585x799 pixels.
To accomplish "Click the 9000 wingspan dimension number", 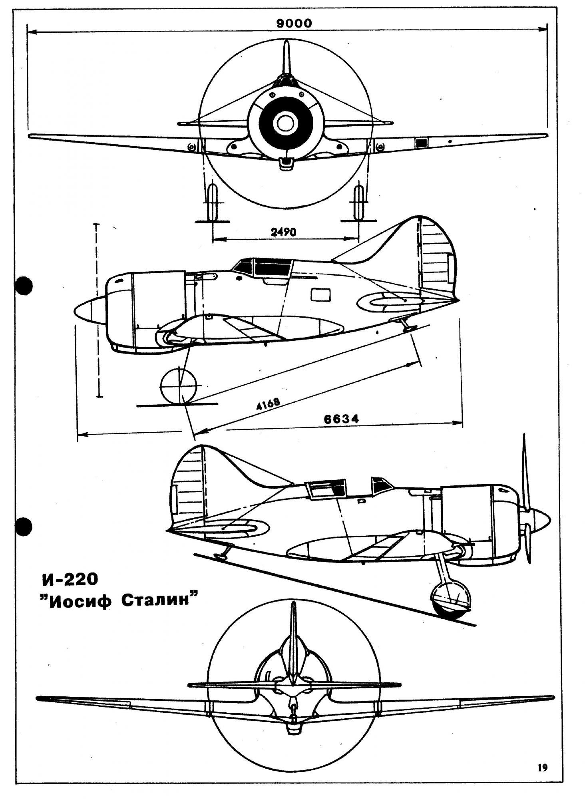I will click(x=294, y=23).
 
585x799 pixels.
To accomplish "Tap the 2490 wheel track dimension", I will click(x=283, y=232).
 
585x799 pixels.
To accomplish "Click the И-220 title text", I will click(x=69, y=579).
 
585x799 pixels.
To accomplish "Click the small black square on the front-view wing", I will click(x=420, y=143).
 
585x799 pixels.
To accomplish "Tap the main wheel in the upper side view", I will click(x=178, y=386).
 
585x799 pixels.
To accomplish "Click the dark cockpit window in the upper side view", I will click(x=272, y=268).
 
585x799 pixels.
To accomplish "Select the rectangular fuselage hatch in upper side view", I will click(x=321, y=295).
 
